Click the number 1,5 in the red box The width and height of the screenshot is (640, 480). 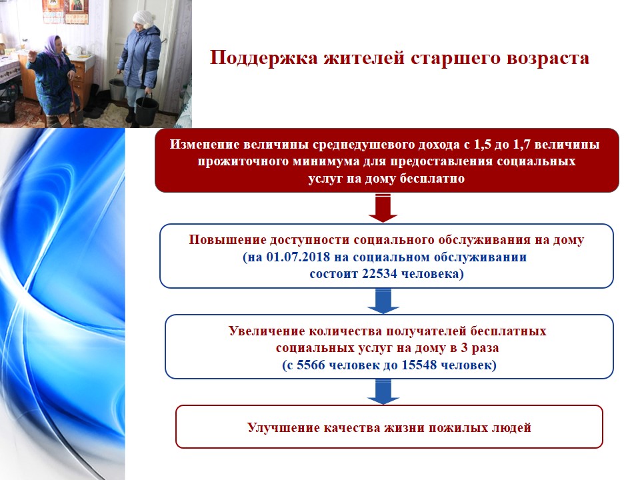coord(482,145)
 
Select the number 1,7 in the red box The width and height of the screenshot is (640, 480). coord(521,145)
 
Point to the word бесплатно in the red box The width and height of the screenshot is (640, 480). coord(432,179)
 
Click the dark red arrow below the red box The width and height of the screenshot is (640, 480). coord(383,208)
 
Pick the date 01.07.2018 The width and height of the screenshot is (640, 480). coord(298,257)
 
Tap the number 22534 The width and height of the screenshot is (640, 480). coord(379,273)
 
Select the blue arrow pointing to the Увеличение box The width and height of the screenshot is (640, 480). coord(383,301)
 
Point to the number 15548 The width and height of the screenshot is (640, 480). coord(419,365)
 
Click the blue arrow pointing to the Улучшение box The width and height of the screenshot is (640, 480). coord(383,392)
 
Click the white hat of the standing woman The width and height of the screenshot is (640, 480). coord(143,19)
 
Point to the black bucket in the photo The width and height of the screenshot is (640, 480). coord(146,110)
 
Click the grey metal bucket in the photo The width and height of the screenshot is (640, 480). coord(117,89)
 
